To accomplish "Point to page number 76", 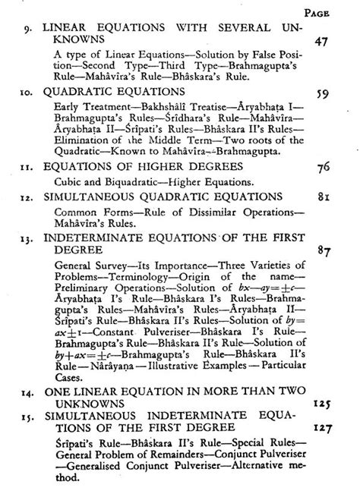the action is pos(324,165).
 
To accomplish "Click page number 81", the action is pos(324,197).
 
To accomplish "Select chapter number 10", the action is pos(25,89).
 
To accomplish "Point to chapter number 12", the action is pos(25,197).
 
